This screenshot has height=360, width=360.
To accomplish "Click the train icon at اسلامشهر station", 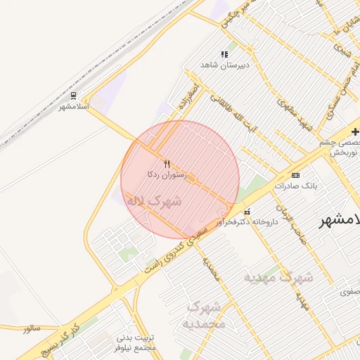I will [74, 95].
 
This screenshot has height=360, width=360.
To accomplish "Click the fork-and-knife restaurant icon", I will [167, 164].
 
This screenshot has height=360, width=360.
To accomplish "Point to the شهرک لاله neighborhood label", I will [153, 200].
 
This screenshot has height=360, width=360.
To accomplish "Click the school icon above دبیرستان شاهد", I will [225, 54].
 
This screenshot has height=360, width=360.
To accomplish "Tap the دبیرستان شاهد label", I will [225, 65].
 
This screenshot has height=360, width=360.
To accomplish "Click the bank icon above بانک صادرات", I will [295, 175].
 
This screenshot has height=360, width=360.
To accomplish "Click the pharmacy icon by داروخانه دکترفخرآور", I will [246, 212].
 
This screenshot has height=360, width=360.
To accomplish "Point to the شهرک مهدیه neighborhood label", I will [278, 277].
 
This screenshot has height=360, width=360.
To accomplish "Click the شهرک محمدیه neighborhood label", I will [204, 316].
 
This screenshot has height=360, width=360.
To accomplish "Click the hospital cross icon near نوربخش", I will [355, 131].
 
